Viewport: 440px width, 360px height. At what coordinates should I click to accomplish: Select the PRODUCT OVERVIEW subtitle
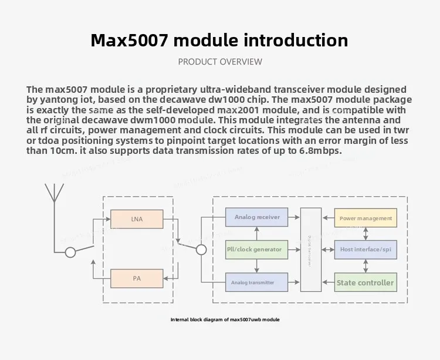[220, 62]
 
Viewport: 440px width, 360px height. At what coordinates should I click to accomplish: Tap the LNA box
[137, 220]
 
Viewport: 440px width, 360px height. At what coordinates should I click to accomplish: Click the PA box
[137, 278]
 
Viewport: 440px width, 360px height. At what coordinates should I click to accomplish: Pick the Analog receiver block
[257, 217]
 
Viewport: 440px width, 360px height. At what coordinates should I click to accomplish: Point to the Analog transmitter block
[257, 282]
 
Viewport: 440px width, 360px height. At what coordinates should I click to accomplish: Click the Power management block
[365, 218]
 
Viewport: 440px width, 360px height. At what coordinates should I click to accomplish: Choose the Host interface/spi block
[365, 250]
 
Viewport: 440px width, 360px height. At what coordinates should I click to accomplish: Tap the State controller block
[365, 282]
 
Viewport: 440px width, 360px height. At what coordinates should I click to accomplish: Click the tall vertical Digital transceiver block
[311, 250]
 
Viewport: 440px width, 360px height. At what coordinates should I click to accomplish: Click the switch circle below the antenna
[70, 252]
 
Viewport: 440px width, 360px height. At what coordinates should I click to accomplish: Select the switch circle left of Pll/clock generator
[201, 250]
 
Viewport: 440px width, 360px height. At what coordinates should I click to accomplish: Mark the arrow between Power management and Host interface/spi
[366, 234]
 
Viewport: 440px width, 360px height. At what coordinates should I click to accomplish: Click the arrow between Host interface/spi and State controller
[366, 266]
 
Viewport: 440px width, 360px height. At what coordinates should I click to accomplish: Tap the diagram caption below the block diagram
[225, 319]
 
